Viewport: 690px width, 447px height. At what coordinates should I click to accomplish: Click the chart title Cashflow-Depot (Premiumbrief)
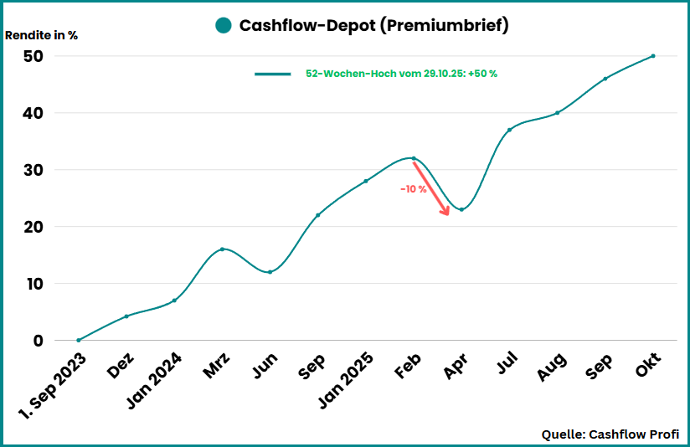373,25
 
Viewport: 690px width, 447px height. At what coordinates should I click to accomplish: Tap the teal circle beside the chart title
223,25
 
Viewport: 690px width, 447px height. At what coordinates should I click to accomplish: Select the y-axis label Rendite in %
42,36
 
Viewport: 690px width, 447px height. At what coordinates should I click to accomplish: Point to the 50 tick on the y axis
33,56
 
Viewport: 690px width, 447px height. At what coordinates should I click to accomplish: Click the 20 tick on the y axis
33,227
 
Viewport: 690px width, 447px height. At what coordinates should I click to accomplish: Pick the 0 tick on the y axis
38,341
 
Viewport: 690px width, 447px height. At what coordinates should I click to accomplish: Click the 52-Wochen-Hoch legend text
402,74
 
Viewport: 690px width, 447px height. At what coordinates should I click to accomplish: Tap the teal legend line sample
272,74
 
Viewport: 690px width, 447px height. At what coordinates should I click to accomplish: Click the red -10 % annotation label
413,189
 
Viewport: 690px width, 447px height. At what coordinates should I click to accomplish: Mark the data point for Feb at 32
414,158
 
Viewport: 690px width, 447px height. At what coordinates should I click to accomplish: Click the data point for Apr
461,209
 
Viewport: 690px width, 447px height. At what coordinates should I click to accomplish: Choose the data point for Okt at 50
653,56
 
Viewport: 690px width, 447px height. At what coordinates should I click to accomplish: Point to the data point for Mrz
222,249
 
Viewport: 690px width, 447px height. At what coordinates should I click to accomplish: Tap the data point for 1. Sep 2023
79,340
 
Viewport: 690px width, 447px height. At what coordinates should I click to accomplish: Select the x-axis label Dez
123,367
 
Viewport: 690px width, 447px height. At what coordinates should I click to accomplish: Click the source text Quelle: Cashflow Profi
610,434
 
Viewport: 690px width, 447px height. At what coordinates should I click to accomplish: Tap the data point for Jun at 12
270,272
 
